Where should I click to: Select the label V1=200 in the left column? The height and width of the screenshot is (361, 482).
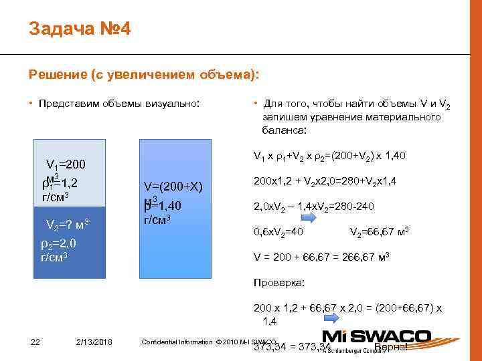point(66,164)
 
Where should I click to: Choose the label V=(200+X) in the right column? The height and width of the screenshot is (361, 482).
point(173,186)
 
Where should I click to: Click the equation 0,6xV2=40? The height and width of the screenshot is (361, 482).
point(278,232)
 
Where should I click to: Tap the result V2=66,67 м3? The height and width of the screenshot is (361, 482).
point(379,232)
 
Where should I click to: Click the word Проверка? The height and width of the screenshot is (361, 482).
point(278,283)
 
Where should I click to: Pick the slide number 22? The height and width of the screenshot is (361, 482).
point(36,342)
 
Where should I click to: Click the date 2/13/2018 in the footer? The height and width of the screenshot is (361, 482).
point(94,342)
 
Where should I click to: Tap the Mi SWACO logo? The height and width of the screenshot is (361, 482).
point(377,336)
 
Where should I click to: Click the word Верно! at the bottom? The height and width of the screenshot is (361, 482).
point(391,346)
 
